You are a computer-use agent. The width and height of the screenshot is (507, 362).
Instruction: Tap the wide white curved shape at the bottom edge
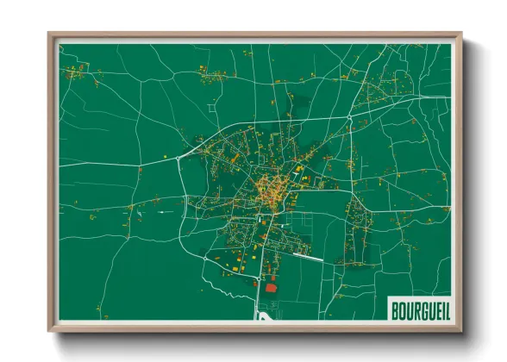[x=264, y=316]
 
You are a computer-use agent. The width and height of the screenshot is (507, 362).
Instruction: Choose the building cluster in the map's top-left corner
[x=79, y=68]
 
